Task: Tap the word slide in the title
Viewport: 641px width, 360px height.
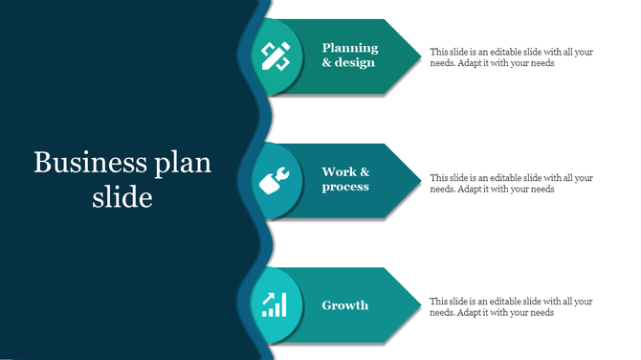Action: pos(122,197)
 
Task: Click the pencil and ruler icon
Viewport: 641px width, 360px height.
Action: pos(276,56)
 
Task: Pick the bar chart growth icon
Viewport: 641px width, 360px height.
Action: pos(276,304)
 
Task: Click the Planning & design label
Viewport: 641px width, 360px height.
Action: pos(349,56)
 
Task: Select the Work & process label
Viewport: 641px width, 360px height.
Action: pos(345,179)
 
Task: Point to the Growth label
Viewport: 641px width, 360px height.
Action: pos(344,305)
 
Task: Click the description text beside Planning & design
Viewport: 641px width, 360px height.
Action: pos(511,57)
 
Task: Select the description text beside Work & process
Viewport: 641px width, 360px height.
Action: pos(511,183)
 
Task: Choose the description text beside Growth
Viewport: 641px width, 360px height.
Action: pos(511,306)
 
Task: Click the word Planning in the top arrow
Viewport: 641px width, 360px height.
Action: pos(350,48)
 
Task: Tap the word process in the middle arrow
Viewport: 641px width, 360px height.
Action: pos(345,187)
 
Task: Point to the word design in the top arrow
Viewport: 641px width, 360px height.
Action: pos(356,63)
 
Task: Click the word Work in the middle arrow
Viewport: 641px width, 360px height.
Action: pos(339,172)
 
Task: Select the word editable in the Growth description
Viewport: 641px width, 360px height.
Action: pos(497,301)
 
